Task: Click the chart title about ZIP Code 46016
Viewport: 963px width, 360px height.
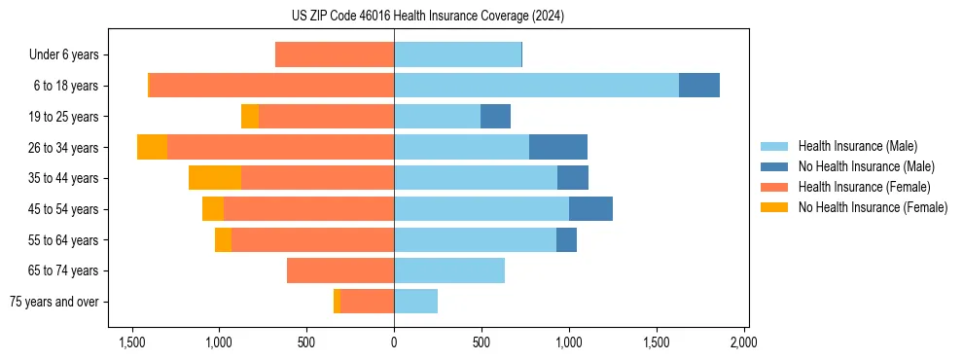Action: (427, 17)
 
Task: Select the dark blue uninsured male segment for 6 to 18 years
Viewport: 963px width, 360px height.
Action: (699, 86)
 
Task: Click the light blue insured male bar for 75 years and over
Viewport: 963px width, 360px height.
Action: (415, 302)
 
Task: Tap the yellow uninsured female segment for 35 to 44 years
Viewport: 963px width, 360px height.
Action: (215, 178)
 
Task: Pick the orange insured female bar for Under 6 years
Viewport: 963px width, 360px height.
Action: (335, 54)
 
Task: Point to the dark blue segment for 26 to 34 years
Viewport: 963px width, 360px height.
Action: (558, 147)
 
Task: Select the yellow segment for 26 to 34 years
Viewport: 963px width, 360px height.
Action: (152, 147)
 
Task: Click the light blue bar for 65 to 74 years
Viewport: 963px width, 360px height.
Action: (449, 270)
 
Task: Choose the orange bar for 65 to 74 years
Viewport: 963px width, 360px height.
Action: (340, 270)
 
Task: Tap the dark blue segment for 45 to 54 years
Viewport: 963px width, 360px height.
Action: (590, 209)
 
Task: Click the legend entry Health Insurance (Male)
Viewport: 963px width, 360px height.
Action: (857, 147)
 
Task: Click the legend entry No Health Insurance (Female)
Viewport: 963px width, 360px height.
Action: (873, 207)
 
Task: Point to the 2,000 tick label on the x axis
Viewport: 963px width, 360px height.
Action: (743, 342)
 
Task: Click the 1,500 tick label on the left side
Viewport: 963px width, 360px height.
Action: (132, 342)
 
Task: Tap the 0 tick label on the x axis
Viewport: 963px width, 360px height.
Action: (394, 342)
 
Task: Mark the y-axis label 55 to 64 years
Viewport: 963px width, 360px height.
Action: (64, 240)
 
